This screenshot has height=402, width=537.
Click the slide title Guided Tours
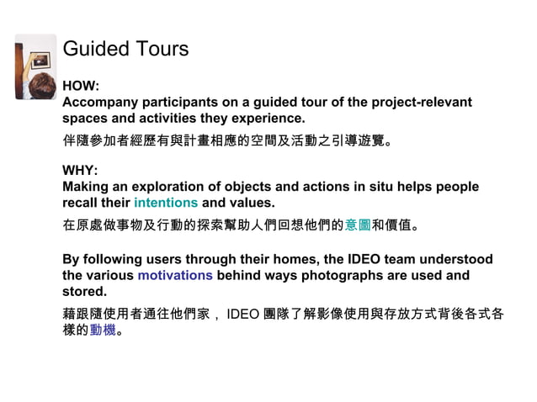[x=125, y=49]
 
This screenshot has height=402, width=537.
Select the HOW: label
[x=81, y=87]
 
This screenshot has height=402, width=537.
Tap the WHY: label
[x=81, y=171]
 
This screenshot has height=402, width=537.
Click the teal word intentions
[x=166, y=203]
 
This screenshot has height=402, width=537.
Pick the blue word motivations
[x=175, y=275]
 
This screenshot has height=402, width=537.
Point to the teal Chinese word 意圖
[x=358, y=225]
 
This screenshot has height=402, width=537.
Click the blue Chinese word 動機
[x=102, y=330]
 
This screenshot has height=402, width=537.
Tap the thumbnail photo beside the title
[x=35, y=67]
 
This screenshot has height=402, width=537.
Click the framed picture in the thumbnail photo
[x=40, y=61]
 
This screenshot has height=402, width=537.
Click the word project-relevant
[x=412, y=103]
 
